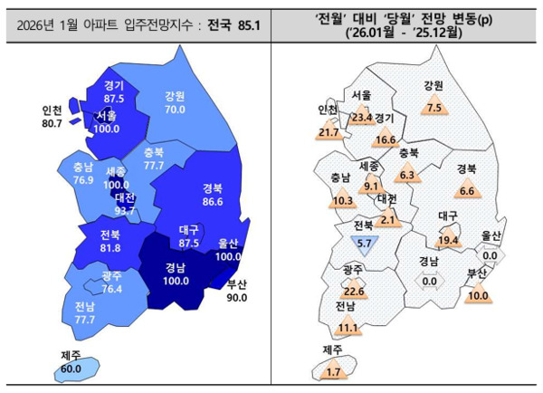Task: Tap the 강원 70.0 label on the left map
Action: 175,103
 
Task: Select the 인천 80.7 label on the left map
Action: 52,117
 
